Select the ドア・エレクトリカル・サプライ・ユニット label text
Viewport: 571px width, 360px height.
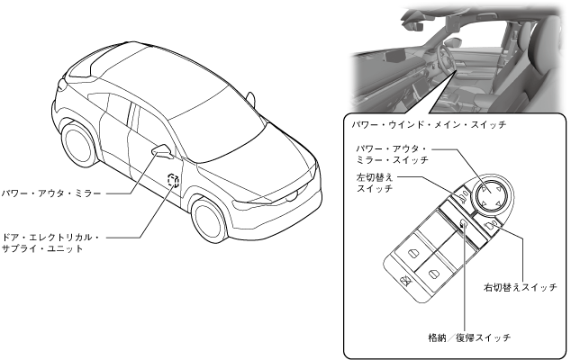[51, 243]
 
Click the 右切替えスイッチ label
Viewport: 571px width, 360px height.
[520, 288]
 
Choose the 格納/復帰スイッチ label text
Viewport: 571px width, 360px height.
[469, 337]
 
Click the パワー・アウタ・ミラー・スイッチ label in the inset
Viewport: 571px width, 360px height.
[391, 153]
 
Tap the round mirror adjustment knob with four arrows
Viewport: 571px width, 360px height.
[488, 196]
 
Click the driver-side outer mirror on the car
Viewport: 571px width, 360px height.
[163, 149]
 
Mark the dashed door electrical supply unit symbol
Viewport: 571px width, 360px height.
[173, 184]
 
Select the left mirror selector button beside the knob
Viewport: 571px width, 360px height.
[460, 194]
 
